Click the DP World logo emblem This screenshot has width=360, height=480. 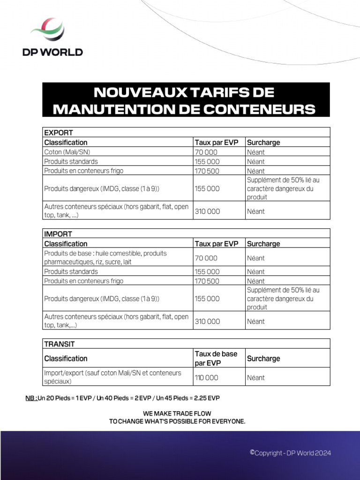point(47,30)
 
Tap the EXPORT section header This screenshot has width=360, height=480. point(59,133)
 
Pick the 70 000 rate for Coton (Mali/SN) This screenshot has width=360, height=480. point(206,152)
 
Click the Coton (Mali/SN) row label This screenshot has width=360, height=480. point(67,152)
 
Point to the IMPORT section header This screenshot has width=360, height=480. point(58,234)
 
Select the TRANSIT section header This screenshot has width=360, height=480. point(60,344)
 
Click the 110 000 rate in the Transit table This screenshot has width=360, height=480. point(207,378)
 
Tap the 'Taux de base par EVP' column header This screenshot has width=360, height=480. point(216,359)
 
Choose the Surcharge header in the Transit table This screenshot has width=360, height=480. point(263,359)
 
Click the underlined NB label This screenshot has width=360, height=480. point(31,398)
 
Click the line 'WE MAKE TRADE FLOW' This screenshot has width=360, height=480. point(177,413)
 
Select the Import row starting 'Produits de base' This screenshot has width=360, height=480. point(105,257)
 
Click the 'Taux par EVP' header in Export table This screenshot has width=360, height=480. point(217,142)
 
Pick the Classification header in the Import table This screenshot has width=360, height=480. point(66,244)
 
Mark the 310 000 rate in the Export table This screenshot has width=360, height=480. point(207,211)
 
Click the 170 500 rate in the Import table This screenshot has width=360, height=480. point(207,281)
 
